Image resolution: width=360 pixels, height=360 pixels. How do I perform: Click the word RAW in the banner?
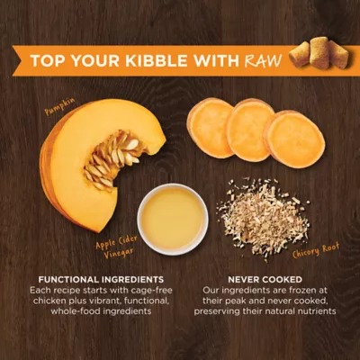point(262,61)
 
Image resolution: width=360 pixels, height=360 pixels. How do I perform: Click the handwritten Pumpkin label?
point(59,110)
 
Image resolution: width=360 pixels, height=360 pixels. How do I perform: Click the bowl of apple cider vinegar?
point(172,218)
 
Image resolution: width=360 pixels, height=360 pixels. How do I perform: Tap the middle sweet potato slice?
point(251,131)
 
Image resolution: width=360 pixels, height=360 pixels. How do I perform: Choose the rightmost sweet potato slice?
point(295,139)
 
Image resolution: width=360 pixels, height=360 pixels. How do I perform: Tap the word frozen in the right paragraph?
point(305,290)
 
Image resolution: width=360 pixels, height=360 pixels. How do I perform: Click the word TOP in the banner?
point(46,61)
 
